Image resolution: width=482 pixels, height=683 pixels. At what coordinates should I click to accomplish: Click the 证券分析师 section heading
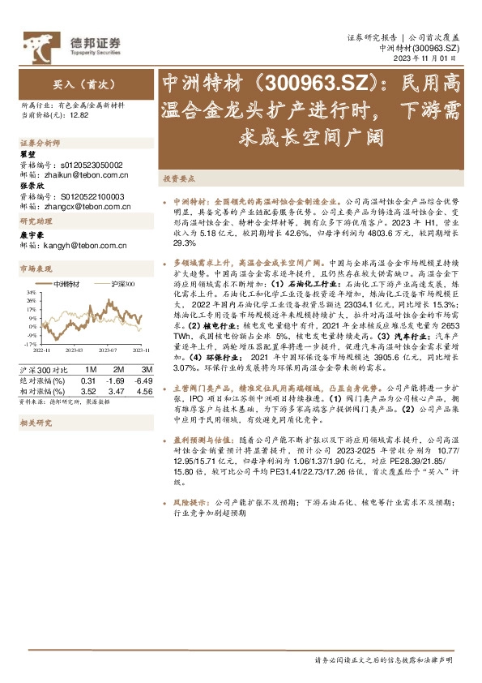point(37,143)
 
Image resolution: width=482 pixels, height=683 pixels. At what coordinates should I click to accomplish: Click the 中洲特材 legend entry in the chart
point(67,285)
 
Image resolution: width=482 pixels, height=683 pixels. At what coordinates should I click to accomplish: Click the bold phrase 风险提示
point(190,503)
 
